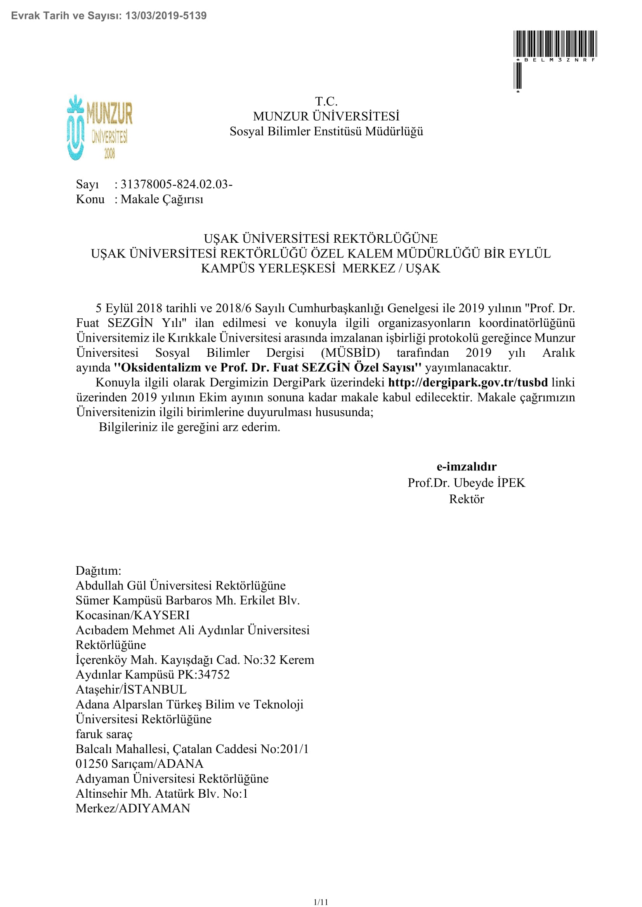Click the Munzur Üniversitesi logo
tap(100, 127)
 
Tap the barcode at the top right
tap(555, 44)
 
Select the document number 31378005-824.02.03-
tap(176, 184)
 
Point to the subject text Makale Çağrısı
tap(162, 199)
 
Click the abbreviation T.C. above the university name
tap(326, 102)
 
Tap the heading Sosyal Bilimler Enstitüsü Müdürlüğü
tap(326, 131)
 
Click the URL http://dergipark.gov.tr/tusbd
tap(468, 382)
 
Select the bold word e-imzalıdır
tap(467, 466)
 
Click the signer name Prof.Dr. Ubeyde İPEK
tap(467, 483)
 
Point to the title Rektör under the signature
tap(467, 499)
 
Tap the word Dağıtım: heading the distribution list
tap(99, 570)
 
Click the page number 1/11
tap(321, 899)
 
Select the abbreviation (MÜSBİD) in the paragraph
tap(350, 353)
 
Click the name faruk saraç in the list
tap(104, 734)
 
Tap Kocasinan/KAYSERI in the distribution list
tap(132, 615)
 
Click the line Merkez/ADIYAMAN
tap(133, 808)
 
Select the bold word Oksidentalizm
tap(157, 368)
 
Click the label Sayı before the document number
tap(87, 184)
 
